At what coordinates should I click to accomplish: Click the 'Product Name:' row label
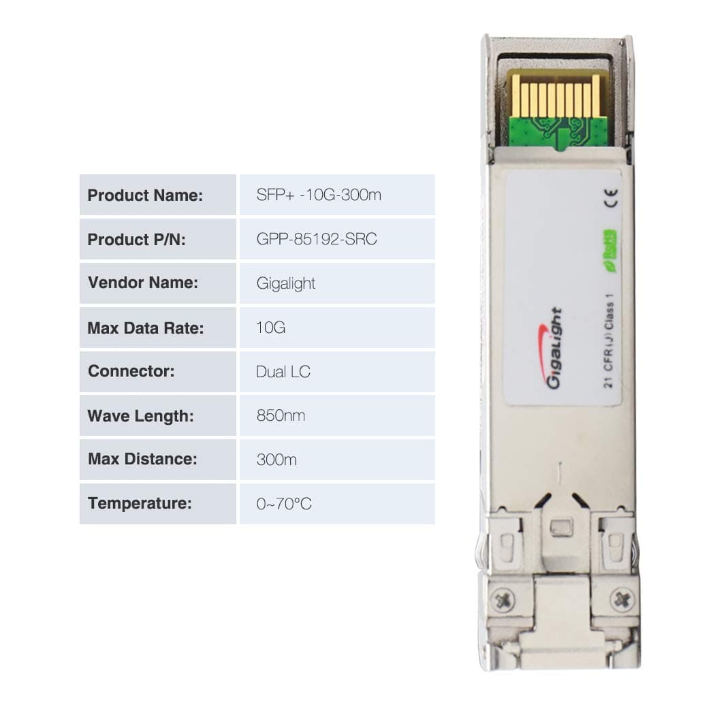pos(145,195)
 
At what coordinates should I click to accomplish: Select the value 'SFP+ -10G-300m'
pos(319,195)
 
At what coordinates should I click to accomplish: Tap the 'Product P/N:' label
pos(136,240)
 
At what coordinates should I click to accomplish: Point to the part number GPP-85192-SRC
pos(317,240)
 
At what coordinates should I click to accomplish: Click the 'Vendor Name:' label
pos(142,283)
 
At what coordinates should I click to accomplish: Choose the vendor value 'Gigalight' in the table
pos(286,283)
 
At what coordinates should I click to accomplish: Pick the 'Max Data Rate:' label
pos(146,328)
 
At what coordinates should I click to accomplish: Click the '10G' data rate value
pos(270,328)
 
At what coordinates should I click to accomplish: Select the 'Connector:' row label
pos(131,372)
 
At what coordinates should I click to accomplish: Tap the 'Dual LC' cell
pos(283,372)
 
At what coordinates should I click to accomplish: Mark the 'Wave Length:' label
pos(140,415)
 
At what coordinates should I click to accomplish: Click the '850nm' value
pos(281,415)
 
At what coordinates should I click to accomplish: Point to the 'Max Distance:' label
pos(142,460)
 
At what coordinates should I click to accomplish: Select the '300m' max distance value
pos(276,460)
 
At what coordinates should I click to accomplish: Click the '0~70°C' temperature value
pos(284,504)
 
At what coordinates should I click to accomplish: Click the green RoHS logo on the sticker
pos(610,244)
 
